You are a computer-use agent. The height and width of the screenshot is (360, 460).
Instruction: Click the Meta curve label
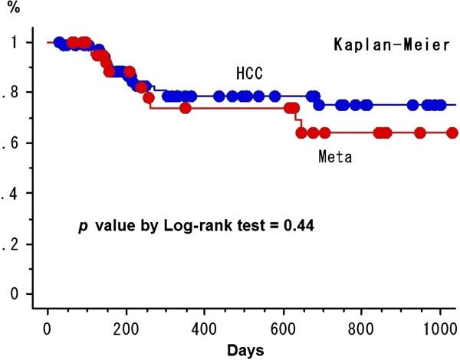coord(335,158)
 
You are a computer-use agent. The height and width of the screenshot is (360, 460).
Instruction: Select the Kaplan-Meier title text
coord(390,44)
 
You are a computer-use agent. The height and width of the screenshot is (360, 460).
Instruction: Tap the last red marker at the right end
coord(452,133)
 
